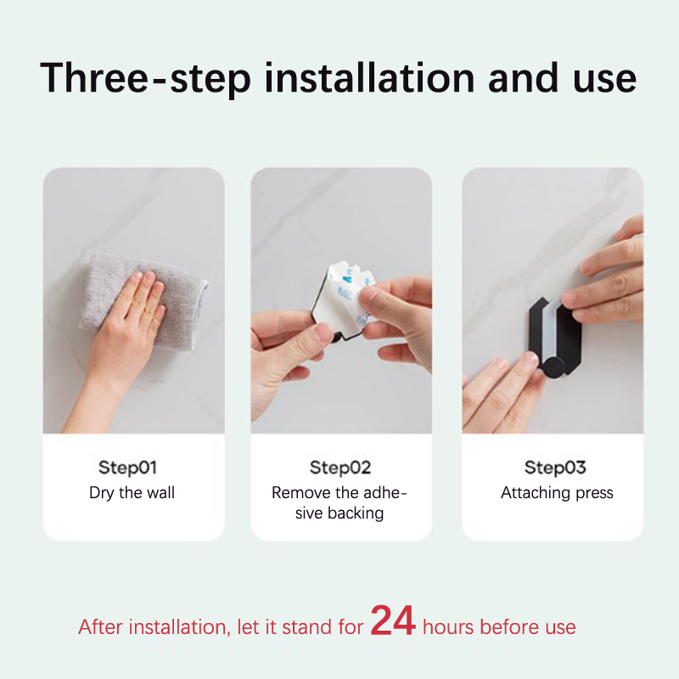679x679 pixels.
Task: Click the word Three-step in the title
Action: (145, 78)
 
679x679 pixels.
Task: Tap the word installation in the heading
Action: (370, 77)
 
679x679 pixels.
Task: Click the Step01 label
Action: (128, 468)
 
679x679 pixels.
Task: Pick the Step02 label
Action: (340, 468)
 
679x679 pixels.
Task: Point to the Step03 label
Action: (555, 468)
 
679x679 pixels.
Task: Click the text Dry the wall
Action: (132, 493)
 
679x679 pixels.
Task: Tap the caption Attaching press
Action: (557, 493)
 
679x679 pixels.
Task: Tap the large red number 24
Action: (393, 620)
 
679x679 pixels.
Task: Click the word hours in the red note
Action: (448, 626)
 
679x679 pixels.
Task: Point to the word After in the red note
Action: (100, 626)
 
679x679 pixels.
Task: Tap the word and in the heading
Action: (523, 77)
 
